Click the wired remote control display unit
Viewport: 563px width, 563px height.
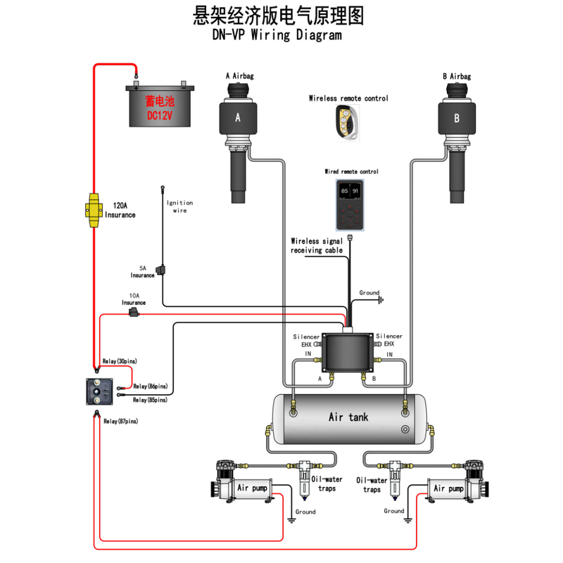click(x=350, y=203)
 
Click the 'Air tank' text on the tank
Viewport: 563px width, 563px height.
click(x=348, y=417)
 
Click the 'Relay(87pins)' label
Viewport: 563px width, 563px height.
click(x=121, y=421)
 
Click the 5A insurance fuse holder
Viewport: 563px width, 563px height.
click(x=161, y=270)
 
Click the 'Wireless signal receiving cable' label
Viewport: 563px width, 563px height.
click(x=317, y=245)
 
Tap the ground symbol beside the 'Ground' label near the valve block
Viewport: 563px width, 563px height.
click(x=381, y=301)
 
